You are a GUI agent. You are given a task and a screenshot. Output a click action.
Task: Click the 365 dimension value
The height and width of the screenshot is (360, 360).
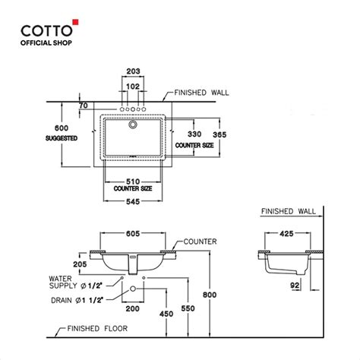(220, 134)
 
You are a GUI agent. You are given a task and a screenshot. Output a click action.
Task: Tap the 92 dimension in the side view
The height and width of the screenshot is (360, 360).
(293, 286)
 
